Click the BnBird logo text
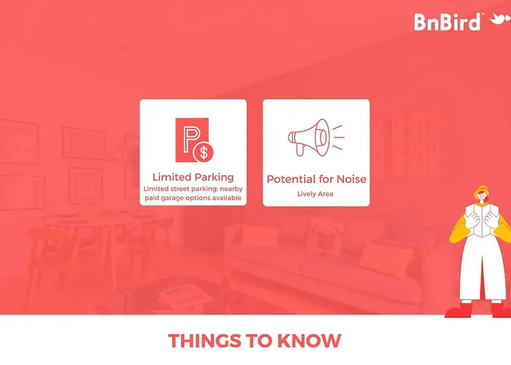[447, 22]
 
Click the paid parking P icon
[195, 140]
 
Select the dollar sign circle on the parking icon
[204, 153]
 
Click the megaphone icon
[316, 137]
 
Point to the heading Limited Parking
[193, 177]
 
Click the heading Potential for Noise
[316, 179]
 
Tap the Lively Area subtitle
[315, 194]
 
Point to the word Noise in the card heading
[351, 179]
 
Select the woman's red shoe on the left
[459, 310]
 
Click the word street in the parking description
[180, 189]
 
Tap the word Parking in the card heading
[215, 177]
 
